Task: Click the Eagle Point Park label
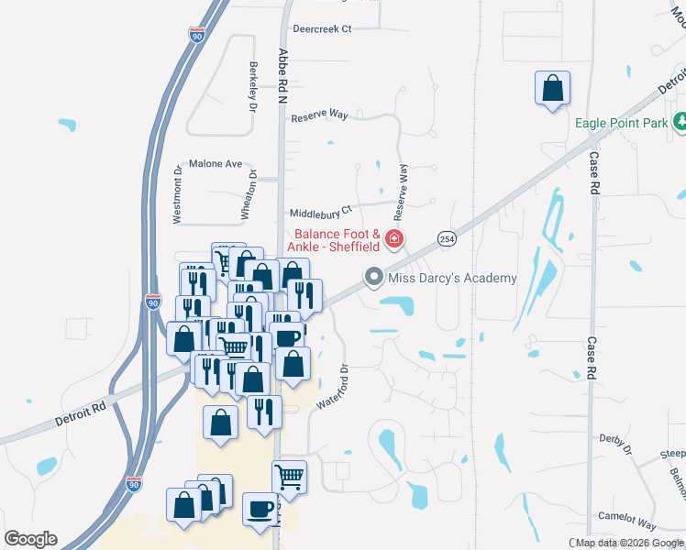pyautogui.click(x=620, y=123)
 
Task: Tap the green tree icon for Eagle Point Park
pyautogui.click(x=680, y=121)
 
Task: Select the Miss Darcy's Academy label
pyautogui.click(x=452, y=278)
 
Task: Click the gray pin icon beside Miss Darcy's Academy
pyautogui.click(x=374, y=276)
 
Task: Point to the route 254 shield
pyautogui.click(x=446, y=237)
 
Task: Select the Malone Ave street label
pyautogui.click(x=215, y=164)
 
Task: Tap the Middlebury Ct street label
pyautogui.click(x=320, y=210)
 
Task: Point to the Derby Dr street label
pyautogui.click(x=614, y=444)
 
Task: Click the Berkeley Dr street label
pyautogui.click(x=252, y=85)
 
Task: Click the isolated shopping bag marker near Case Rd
pyautogui.click(x=552, y=89)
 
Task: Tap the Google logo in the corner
pyautogui.click(x=30, y=539)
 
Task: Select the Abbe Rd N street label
pyautogui.click(x=282, y=73)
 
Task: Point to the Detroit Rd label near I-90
pyautogui.click(x=81, y=410)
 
